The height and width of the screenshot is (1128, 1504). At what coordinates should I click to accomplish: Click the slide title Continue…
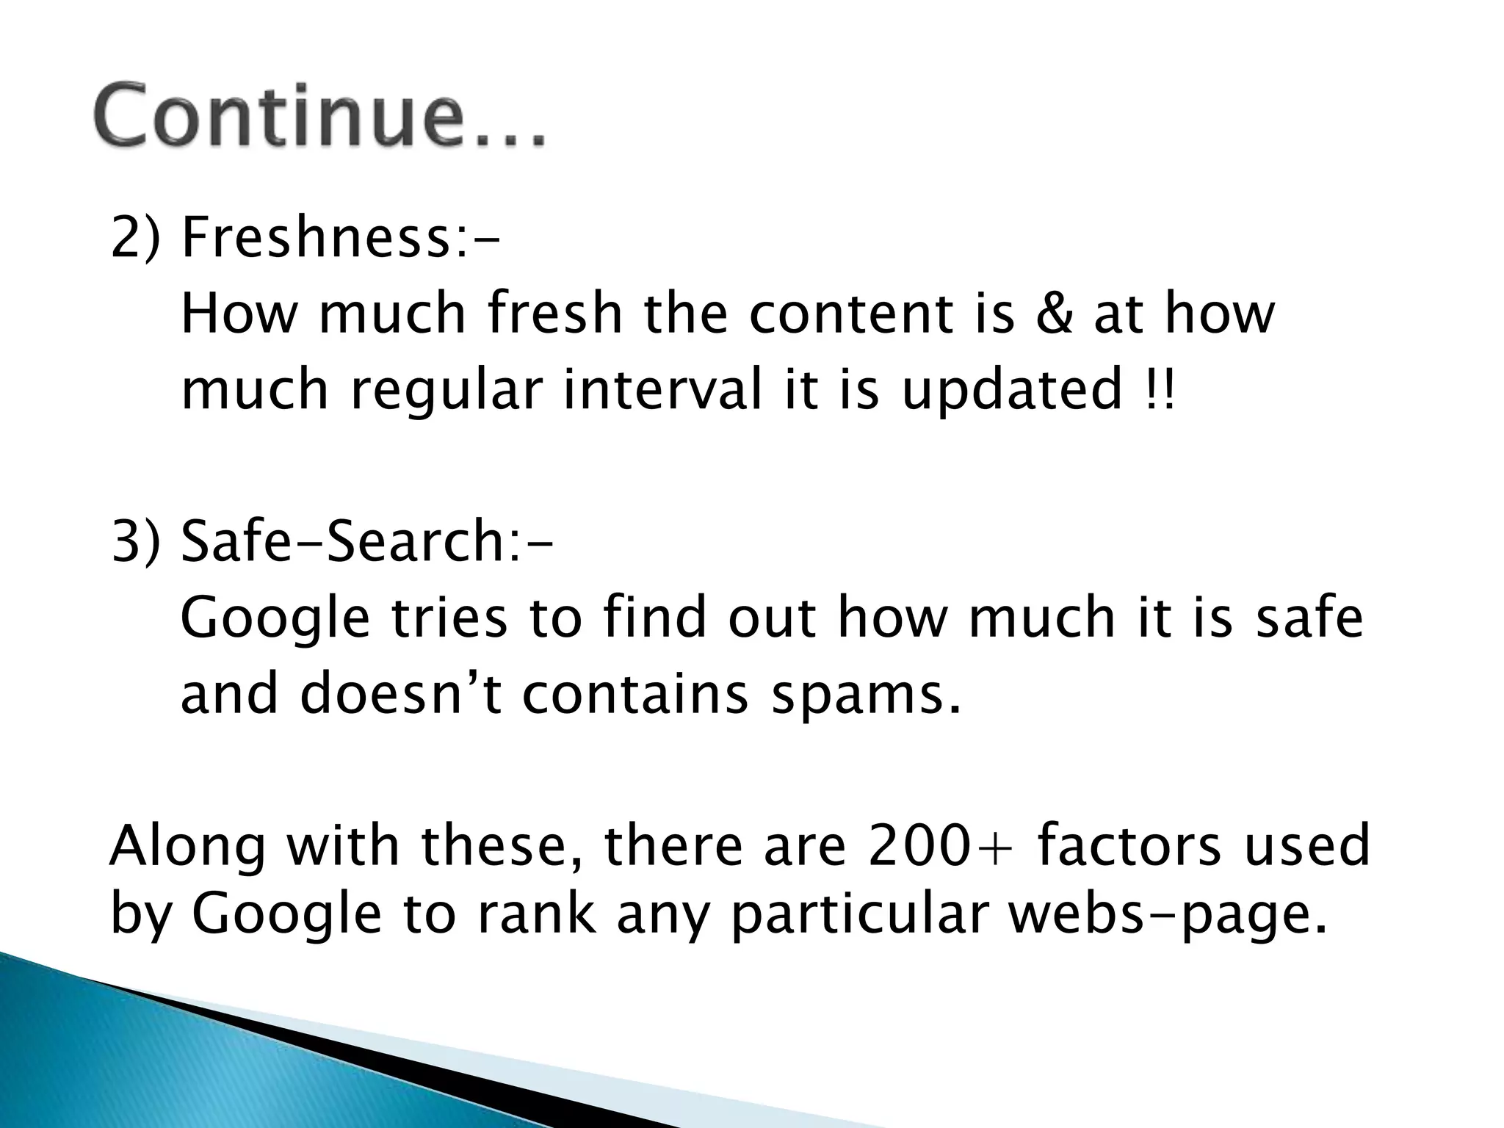[319, 116]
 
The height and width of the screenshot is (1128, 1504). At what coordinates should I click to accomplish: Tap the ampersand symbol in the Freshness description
[1054, 314]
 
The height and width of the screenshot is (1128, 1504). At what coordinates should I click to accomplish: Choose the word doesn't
[401, 693]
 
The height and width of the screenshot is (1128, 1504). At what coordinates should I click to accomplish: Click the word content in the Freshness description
[847, 314]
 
